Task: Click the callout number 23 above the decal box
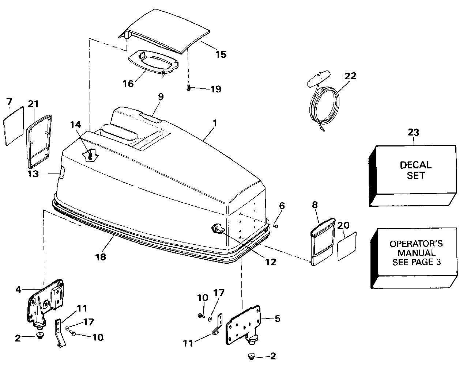(413, 132)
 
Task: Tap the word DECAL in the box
(415, 165)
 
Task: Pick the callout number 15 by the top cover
(221, 54)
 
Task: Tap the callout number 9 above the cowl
(161, 97)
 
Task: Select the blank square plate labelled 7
(14, 126)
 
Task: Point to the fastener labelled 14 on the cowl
(90, 155)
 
